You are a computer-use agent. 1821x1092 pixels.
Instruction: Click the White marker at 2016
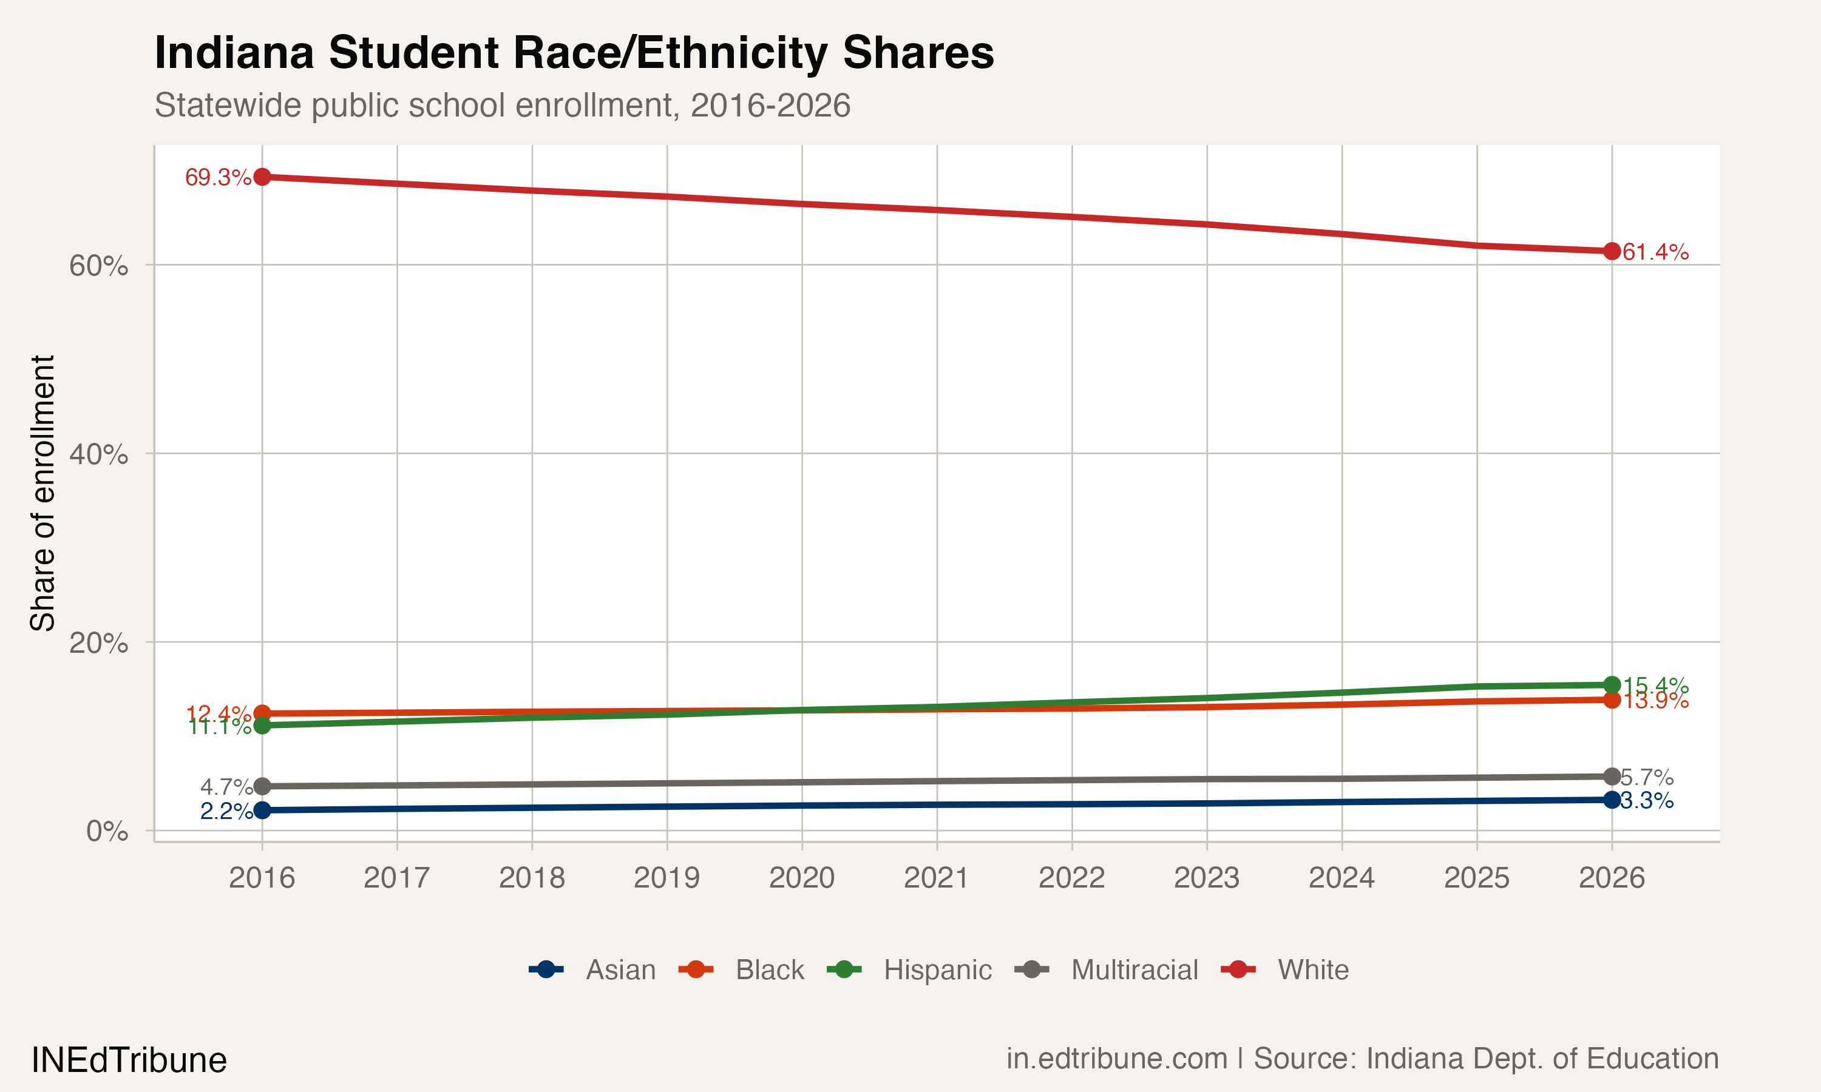click(262, 177)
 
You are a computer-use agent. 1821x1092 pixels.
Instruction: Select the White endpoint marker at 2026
click(1612, 251)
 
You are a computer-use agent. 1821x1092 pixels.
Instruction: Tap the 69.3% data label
click(218, 177)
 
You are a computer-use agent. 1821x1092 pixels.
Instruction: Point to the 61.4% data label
click(1655, 252)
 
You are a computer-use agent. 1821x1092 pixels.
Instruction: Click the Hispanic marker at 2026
click(1612, 685)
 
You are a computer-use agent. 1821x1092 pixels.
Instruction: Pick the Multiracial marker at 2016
click(262, 787)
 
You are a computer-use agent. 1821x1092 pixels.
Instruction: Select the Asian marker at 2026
click(1612, 800)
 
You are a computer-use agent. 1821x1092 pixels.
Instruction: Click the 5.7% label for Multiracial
click(1647, 778)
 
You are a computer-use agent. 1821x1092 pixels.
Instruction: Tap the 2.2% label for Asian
click(226, 812)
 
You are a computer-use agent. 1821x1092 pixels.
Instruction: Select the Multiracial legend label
click(1134, 970)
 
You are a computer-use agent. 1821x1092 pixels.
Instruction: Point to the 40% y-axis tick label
click(98, 454)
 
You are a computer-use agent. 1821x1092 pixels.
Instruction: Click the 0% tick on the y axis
click(107, 832)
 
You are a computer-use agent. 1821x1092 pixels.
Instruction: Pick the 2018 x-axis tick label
click(532, 878)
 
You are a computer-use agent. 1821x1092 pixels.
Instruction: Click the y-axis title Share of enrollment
click(42, 493)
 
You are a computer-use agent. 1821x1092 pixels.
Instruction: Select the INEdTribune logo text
click(129, 1060)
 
